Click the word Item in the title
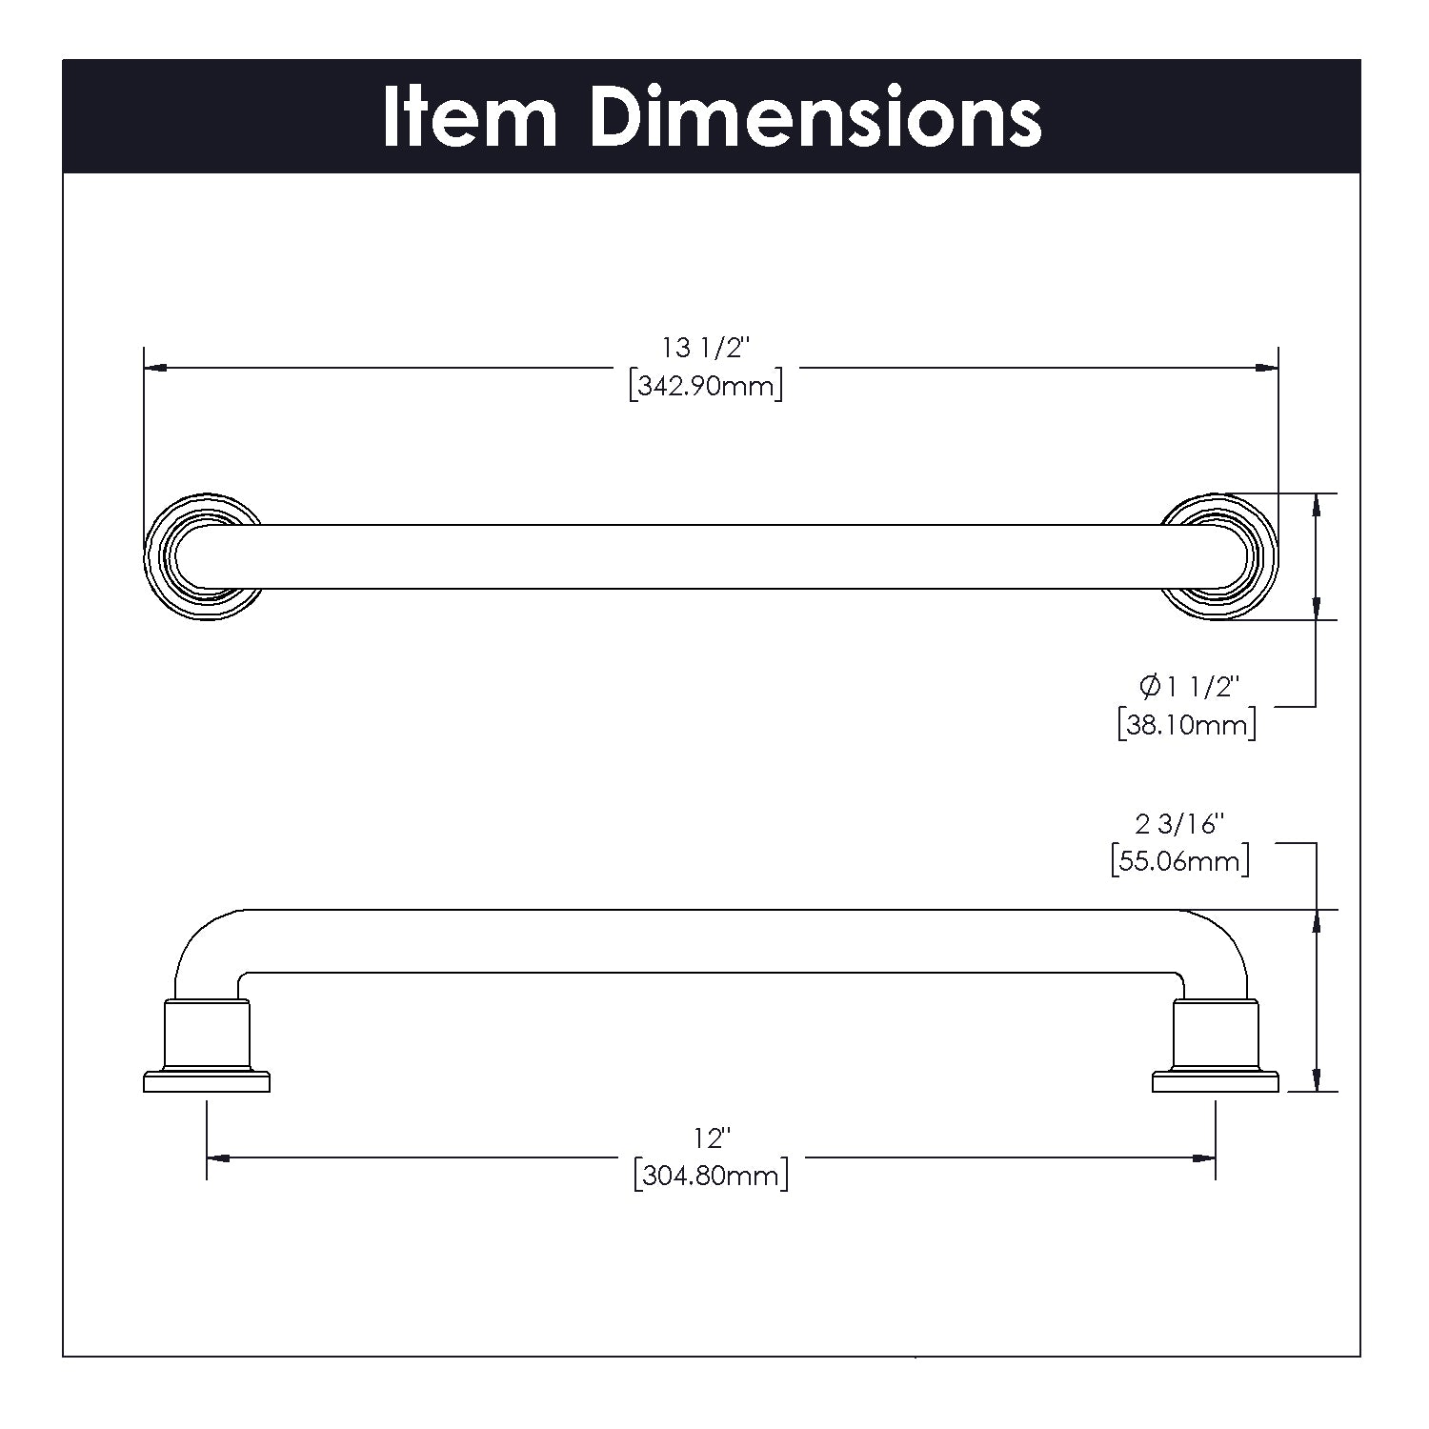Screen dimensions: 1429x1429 (470, 118)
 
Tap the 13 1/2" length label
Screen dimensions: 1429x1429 (706, 349)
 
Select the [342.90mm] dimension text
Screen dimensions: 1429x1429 (706, 387)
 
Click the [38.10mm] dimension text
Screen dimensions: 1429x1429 (1187, 725)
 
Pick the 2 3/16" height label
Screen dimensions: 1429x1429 (1179, 822)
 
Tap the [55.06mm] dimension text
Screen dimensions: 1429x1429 (1179, 861)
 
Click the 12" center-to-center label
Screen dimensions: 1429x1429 (712, 1137)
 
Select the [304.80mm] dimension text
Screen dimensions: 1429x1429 (712, 1175)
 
